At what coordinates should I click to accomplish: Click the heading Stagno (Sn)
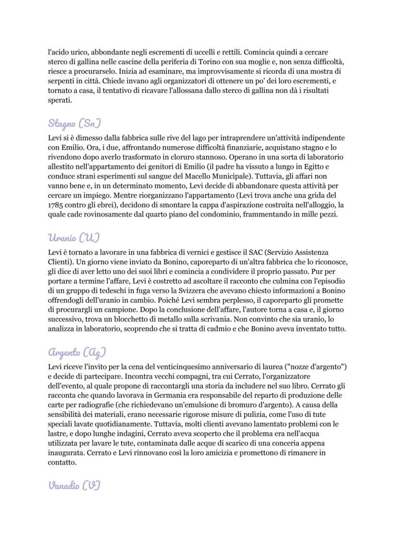pyautogui.click(x=75, y=123)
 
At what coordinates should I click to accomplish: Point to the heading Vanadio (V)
pyautogui.click(x=74, y=485)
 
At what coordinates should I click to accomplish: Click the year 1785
pyautogui.click(x=57, y=205)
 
